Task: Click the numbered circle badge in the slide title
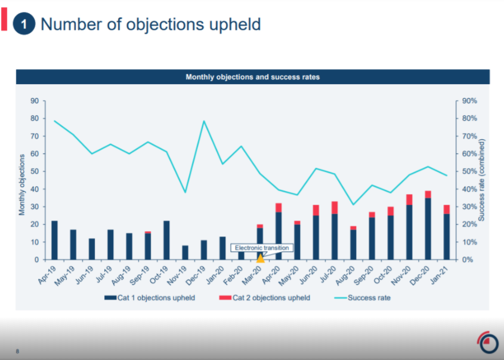(24, 24)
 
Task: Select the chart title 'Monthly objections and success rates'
(252, 77)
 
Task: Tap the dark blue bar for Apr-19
(55, 240)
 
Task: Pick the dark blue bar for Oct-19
(166, 240)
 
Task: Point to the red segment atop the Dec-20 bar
(428, 194)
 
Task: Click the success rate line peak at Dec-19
(203, 121)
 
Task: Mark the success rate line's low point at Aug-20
(353, 205)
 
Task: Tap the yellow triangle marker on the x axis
(260, 258)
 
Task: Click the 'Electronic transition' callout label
(262, 248)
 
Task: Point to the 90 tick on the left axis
(35, 101)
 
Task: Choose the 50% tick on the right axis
(469, 171)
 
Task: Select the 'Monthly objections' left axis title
(22, 184)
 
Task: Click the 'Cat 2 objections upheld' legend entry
(264, 297)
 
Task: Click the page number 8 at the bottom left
(17, 351)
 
